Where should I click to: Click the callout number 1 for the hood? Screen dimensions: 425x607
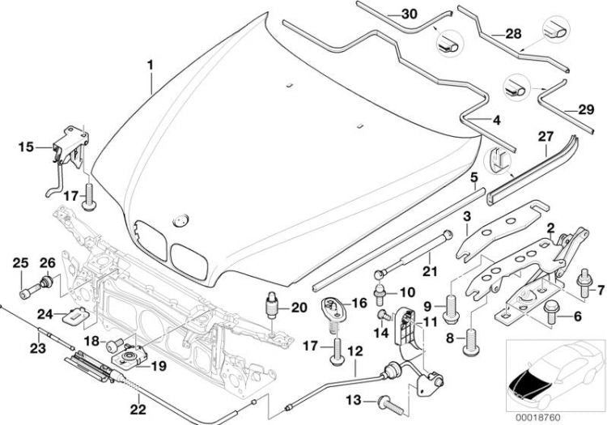tap(150, 62)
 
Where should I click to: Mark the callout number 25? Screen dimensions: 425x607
tap(21, 261)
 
